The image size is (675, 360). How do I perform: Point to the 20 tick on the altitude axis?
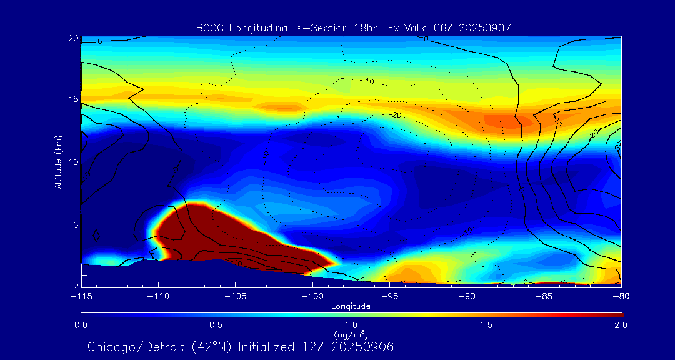(x=73, y=39)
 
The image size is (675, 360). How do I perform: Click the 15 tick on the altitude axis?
(x=73, y=100)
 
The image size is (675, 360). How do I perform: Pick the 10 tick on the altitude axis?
(x=73, y=162)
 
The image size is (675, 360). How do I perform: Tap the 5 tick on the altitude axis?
(x=76, y=224)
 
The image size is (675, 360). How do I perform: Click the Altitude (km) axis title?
(x=59, y=161)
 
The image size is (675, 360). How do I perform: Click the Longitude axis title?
(x=351, y=306)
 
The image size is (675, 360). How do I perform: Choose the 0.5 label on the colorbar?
(x=216, y=325)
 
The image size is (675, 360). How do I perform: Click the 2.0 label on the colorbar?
(x=620, y=325)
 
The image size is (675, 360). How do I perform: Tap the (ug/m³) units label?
(x=351, y=336)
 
